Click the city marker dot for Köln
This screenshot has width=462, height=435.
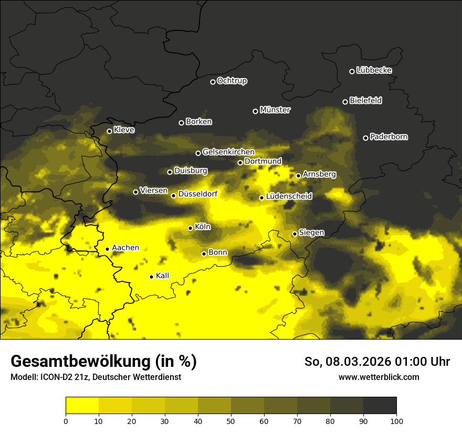[x=190, y=228]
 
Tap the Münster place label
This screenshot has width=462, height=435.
[x=275, y=110]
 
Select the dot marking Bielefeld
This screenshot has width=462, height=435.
[x=345, y=102]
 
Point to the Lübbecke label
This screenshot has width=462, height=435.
[x=374, y=70]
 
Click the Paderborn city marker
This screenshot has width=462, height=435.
[x=365, y=138]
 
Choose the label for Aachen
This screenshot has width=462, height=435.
[x=125, y=248]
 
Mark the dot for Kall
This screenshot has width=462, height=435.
[x=151, y=277]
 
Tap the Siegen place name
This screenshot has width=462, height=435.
[x=311, y=233]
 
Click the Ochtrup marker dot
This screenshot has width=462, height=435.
[x=213, y=82]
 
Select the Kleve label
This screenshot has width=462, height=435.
[x=124, y=130]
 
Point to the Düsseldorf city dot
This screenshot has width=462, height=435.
[x=173, y=195]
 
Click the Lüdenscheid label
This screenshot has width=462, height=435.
[x=289, y=197]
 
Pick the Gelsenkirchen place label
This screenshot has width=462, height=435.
[x=228, y=152]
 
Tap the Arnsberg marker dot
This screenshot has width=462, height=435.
[x=298, y=176]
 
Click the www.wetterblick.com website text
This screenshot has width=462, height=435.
[x=379, y=377]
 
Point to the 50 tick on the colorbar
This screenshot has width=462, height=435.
[x=231, y=420]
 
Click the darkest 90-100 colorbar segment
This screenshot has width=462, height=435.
[x=380, y=406]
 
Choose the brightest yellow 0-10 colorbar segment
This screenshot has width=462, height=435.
[x=82, y=406]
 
